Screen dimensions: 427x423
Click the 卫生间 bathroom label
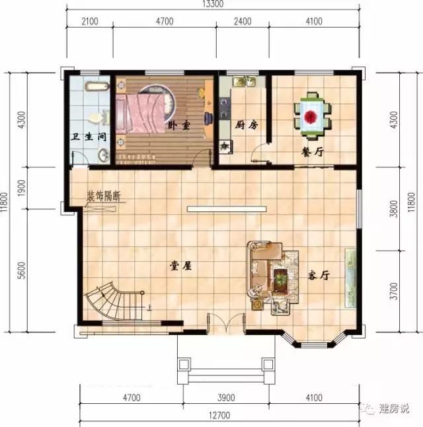pos(89,138)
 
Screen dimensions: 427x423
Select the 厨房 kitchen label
pos(245,125)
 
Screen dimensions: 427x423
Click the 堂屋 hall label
pos(180,266)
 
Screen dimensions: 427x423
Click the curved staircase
pos(113,301)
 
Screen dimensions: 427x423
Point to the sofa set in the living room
pos(272,274)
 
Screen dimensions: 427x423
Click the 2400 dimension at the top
pos(243,21)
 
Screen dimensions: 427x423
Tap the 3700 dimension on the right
pos(394,289)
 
